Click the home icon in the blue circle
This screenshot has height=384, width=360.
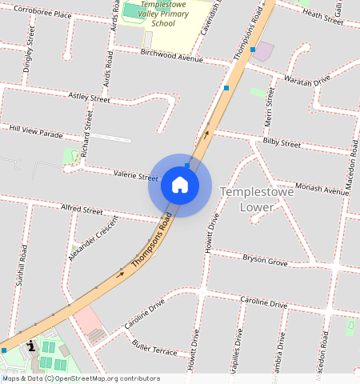180,186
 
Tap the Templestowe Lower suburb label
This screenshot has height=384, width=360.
257,199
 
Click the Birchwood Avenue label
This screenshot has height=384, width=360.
171,58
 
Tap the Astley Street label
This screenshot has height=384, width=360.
89,98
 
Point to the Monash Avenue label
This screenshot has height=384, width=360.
322,189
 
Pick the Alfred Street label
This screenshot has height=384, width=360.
82,210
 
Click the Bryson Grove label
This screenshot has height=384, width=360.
265,261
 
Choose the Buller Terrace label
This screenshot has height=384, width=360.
155,350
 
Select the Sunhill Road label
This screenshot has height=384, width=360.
22,266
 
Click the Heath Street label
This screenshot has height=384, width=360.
323,14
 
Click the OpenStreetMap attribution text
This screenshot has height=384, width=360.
80,378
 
